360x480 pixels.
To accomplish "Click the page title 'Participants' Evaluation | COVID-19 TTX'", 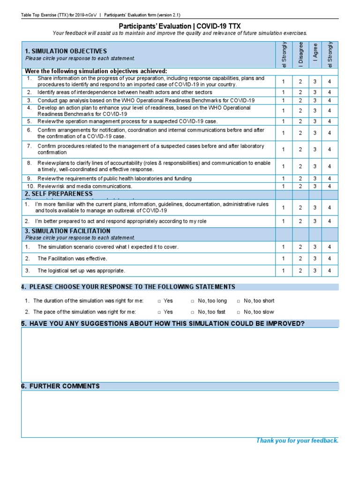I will pyautogui.click(x=180, y=26).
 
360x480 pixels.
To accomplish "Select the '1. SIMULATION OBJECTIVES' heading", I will pyautogui.click(x=66, y=51).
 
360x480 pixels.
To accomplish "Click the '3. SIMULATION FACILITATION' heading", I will pyautogui.click(x=67, y=231).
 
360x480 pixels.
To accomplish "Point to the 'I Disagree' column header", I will pyautogui.click(x=300, y=53).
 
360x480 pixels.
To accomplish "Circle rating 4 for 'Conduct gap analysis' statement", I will pyautogui.click(x=330, y=100).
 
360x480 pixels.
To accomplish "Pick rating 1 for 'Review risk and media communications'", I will pyautogui.click(x=283, y=186).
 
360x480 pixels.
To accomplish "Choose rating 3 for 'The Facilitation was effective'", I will pyautogui.click(x=315, y=259).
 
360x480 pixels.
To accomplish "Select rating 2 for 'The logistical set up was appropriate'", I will pyautogui.click(x=300, y=270).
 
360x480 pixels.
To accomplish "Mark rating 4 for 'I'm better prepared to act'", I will pyautogui.click(x=330, y=221).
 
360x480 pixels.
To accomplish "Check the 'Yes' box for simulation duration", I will pyautogui.click(x=160, y=301).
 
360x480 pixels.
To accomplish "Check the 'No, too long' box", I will pyautogui.click(x=193, y=301).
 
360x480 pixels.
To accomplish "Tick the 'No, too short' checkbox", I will pyautogui.click(x=239, y=301).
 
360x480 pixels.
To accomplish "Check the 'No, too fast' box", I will pyautogui.click(x=193, y=312).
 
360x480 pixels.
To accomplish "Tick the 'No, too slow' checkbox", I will pyautogui.click(x=239, y=312).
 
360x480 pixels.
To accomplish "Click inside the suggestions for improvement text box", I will pyautogui.click(x=180, y=355).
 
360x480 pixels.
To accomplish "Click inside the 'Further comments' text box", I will pyautogui.click(x=180, y=414).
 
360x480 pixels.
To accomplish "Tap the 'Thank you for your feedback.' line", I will pyautogui.click(x=297, y=441).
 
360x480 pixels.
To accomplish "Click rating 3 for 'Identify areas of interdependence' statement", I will pyautogui.click(x=315, y=92).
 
